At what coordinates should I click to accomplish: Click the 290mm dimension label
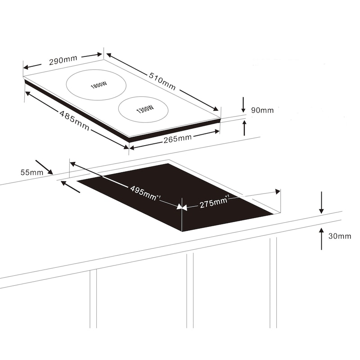pyautogui.click(x=63, y=60)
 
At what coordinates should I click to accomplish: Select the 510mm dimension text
pyautogui.click(x=162, y=81)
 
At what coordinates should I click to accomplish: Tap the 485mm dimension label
pyautogui.click(x=74, y=120)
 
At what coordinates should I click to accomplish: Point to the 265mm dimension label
pyautogui.click(x=177, y=139)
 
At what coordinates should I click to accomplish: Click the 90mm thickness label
pyautogui.click(x=262, y=110)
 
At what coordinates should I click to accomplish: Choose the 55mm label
pyautogui.click(x=32, y=172)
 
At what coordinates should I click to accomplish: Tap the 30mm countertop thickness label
pyautogui.click(x=340, y=236)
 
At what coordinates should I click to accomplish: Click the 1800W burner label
pyautogui.click(x=99, y=85)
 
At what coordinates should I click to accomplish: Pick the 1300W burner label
pyautogui.click(x=145, y=109)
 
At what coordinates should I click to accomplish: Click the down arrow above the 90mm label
pyautogui.click(x=243, y=105)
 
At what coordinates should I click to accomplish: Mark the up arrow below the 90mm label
pyautogui.click(x=244, y=128)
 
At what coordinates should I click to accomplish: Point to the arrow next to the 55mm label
pyautogui.click(x=44, y=167)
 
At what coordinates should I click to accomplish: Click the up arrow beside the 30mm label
pyautogui.click(x=321, y=239)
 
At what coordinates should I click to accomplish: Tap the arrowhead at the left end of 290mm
pyautogui.click(x=26, y=67)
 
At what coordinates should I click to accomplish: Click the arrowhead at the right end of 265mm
pyautogui.click(x=216, y=131)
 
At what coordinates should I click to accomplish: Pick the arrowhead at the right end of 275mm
pyautogui.click(x=278, y=191)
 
